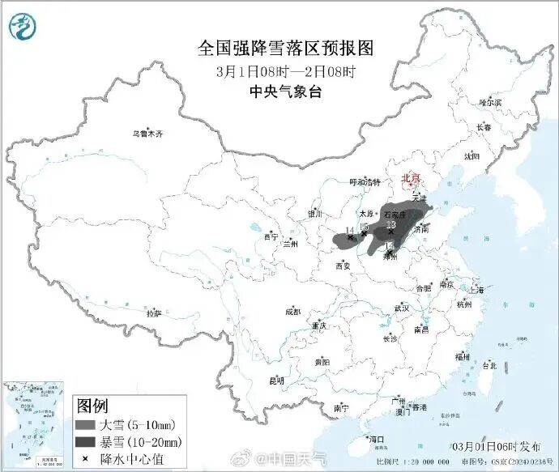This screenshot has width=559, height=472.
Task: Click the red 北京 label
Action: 412,178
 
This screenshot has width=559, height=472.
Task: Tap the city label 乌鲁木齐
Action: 148,134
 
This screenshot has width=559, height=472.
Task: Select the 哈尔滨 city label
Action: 489,103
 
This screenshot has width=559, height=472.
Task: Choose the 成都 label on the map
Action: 292,312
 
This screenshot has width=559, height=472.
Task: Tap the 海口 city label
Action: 376,438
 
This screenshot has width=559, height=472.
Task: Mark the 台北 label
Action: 489,365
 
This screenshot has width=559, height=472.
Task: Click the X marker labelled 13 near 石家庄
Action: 390,232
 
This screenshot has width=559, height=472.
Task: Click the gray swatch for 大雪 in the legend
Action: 86,425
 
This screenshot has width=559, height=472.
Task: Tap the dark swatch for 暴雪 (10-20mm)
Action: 86,442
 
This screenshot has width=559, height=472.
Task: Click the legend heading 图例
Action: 92,406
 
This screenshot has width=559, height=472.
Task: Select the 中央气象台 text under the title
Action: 285,92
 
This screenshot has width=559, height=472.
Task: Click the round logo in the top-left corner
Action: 23,28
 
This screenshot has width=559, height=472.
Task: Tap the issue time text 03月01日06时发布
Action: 501,446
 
